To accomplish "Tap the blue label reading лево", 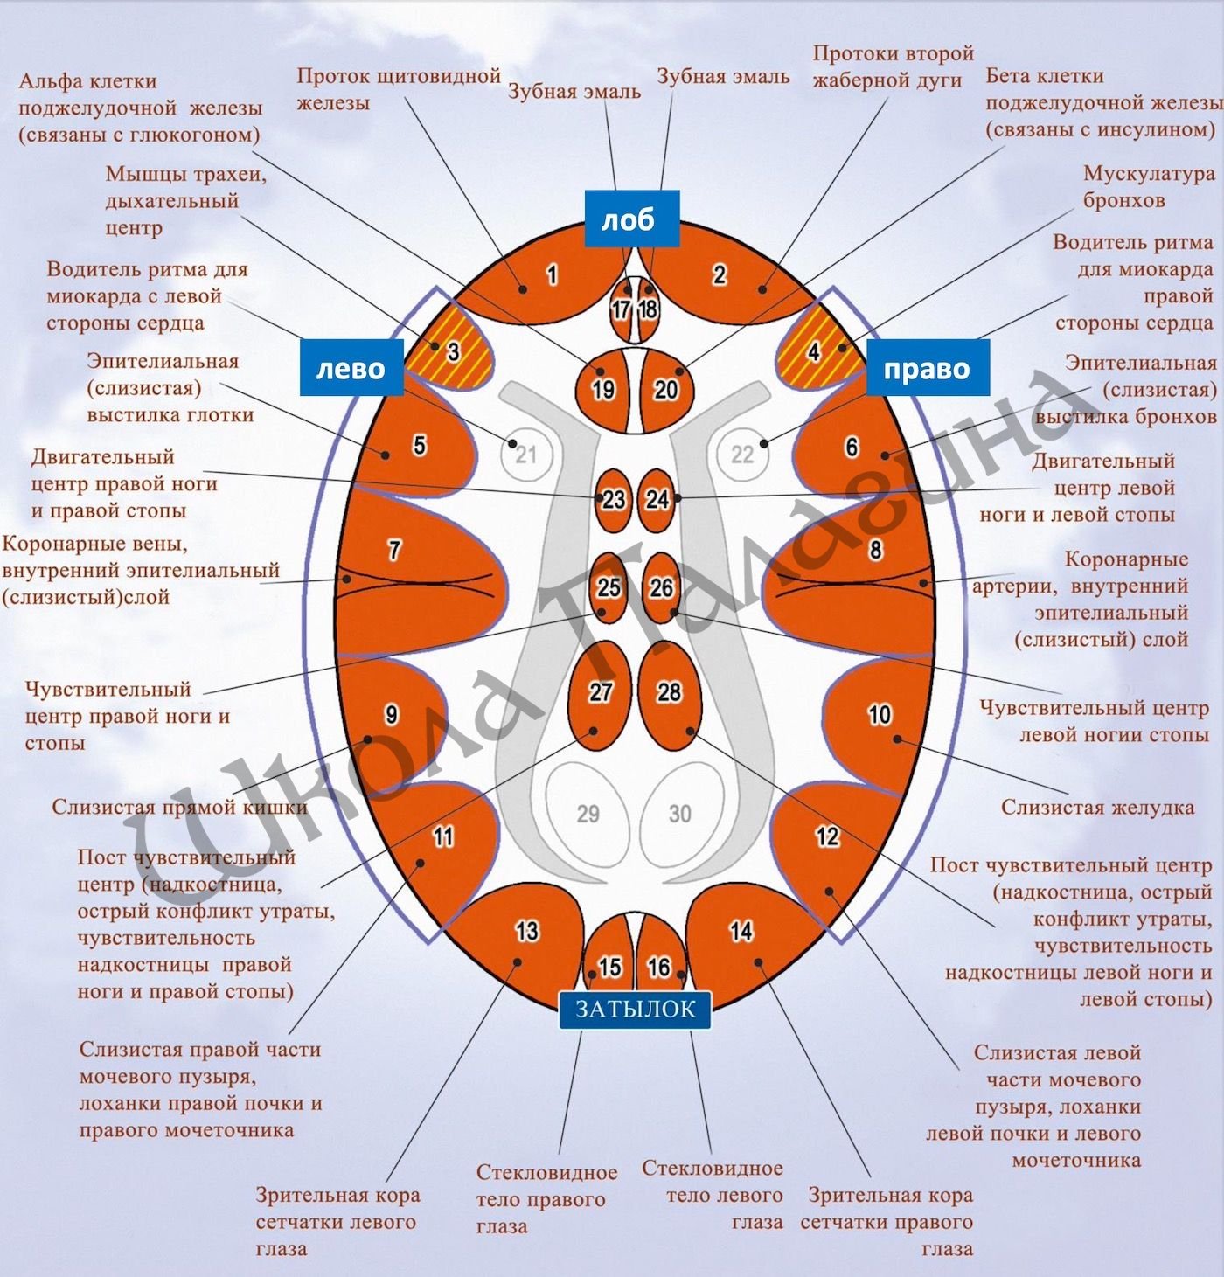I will [x=351, y=368].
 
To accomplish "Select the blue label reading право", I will [x=928, y=368].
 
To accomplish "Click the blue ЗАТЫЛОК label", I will [x=635, y=1010].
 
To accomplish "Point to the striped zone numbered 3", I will [x=451, y=346].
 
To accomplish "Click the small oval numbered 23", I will [x=613, y=500].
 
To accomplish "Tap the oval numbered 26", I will [x=662, y=587].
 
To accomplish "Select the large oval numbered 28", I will [x=670, y=695].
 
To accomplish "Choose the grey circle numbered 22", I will [x=742, y=455].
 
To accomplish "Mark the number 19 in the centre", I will [x=603, y=389].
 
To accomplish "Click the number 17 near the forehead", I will [x=621, y=309].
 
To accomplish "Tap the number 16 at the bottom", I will [x=659, y=967].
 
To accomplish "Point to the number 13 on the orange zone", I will [x=526, y=931].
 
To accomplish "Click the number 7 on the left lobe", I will [x=394, y=550].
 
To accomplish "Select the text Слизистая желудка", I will [x=1097, y=807].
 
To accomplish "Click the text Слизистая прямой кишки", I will [x=179, y=807].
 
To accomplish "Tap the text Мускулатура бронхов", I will [x=1148, y=187].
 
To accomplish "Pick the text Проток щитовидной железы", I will [x=398, y=89].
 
